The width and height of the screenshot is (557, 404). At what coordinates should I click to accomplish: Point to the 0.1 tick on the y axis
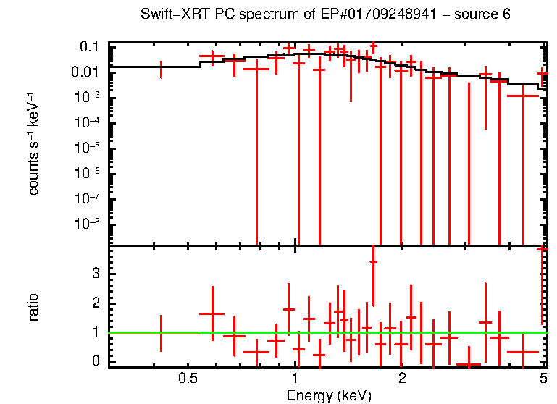click(89, 47)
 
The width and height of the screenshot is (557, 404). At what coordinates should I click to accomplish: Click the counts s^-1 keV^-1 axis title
click(33, 146)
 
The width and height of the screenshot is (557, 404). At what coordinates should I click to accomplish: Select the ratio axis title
click(33, 306)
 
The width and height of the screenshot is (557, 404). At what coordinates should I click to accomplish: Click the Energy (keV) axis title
click(329, 395)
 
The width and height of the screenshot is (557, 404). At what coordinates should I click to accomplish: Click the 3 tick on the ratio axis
click(95, 272)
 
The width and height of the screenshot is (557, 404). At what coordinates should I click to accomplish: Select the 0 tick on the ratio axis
click(95, 361)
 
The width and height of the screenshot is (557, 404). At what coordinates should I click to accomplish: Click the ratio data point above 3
click(373, 262)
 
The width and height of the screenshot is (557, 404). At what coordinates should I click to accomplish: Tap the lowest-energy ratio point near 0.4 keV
click(161, 333)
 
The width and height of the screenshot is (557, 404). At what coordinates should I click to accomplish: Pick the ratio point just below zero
click(469, 366)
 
